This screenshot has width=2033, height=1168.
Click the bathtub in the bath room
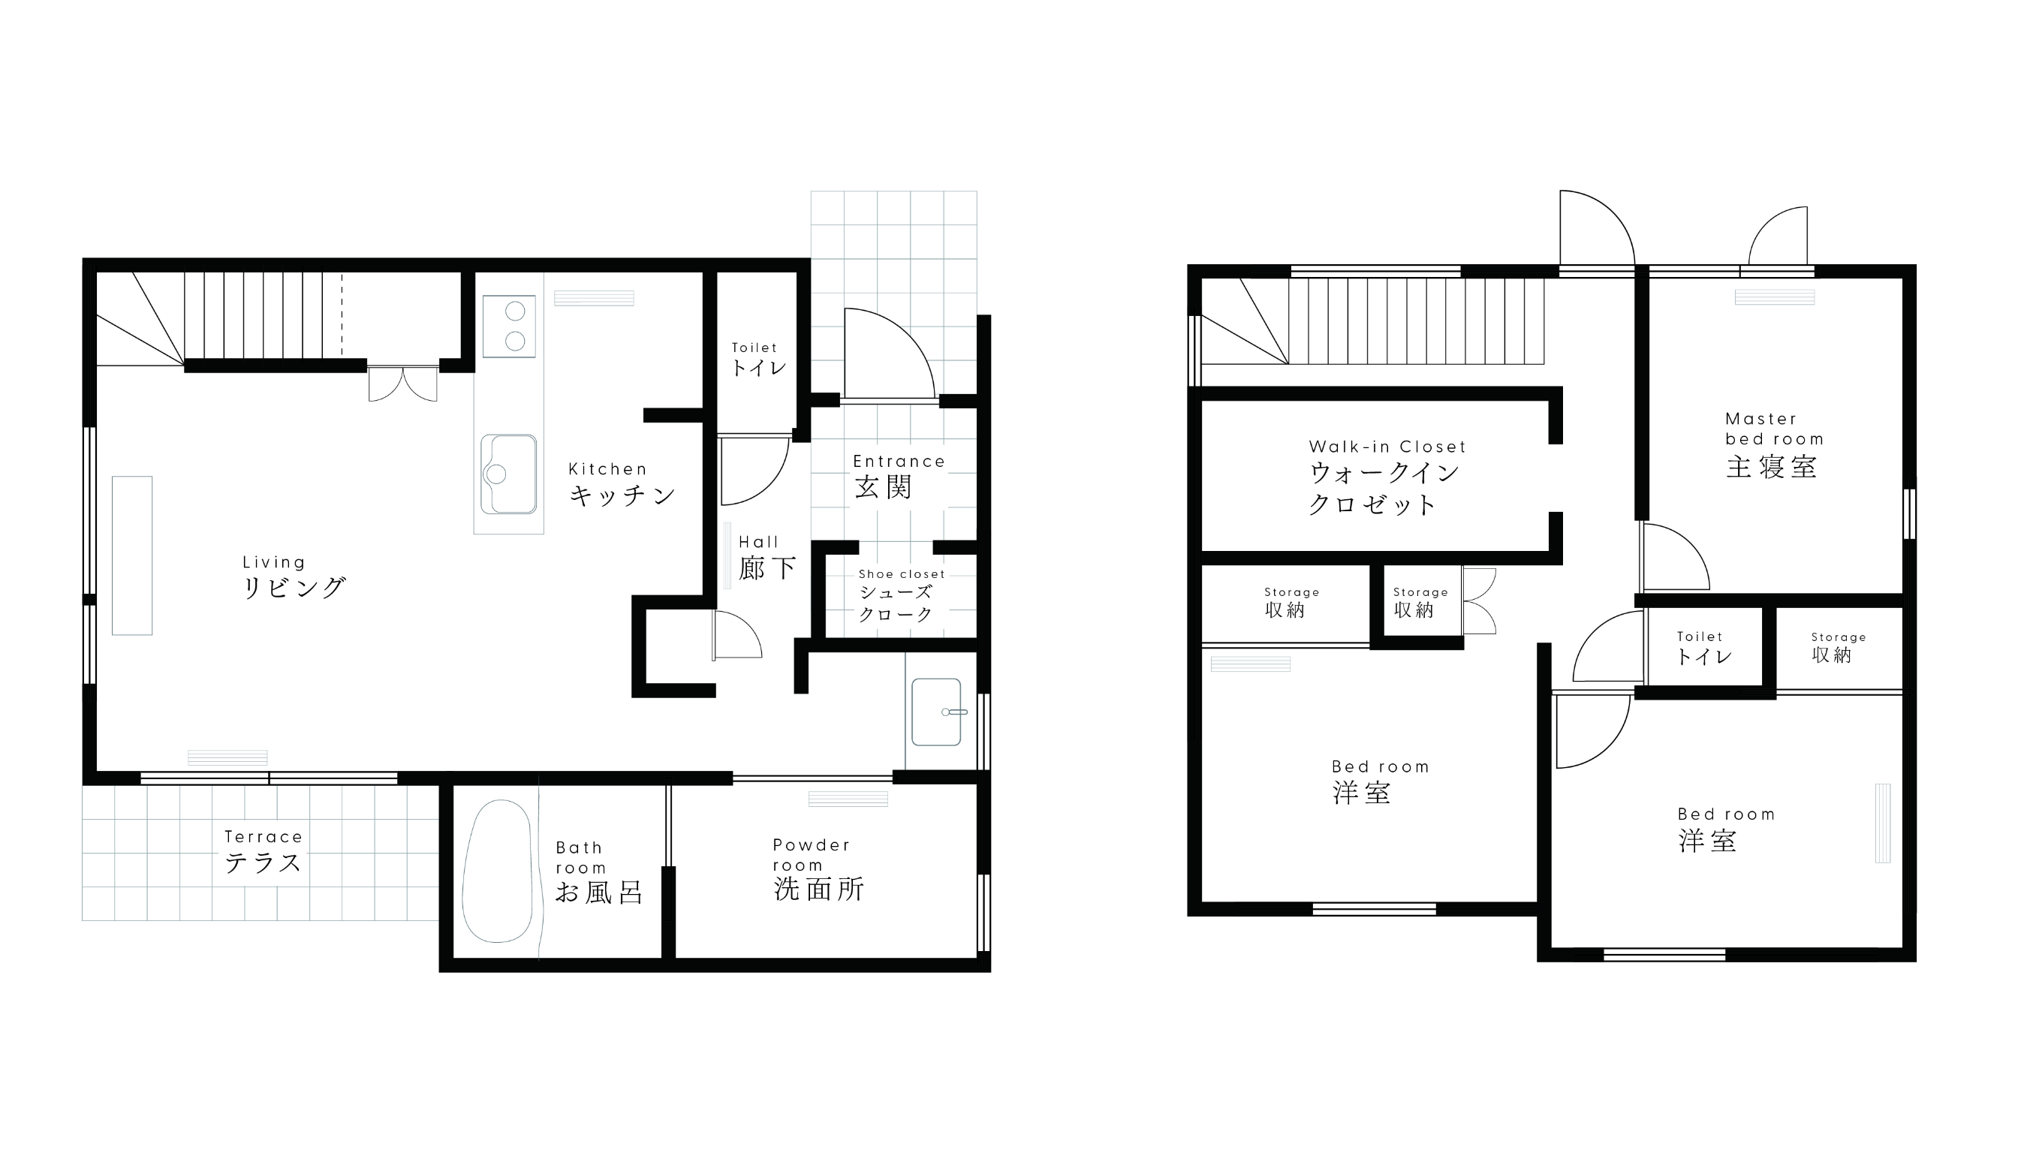[x=498, y=871]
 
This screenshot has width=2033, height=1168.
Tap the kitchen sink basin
[x=509, y=474]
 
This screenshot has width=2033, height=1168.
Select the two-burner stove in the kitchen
[x=509, y=327]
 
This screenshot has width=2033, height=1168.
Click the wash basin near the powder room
[x=936, y=712]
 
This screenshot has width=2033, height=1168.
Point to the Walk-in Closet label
[x=1387, y=447]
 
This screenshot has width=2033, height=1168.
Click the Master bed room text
[x=1775, y=429]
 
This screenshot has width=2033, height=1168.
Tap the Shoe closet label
[x=902, y=574]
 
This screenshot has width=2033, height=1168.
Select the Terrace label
[x=264, y=838]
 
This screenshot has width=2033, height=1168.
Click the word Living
[x=273, y=562]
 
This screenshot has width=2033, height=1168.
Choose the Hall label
[x=758, y=542]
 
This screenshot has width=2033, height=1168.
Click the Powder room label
[x=811, y=855]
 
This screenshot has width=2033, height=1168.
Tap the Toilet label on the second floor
[x=1699, y=637]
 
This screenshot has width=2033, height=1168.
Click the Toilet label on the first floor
[x=754, y=348]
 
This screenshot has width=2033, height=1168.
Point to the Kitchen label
[x=607, y=469]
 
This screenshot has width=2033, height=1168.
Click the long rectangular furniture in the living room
[x=131, y=556]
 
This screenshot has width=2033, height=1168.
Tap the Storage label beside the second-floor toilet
[x=1838, y=638]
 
